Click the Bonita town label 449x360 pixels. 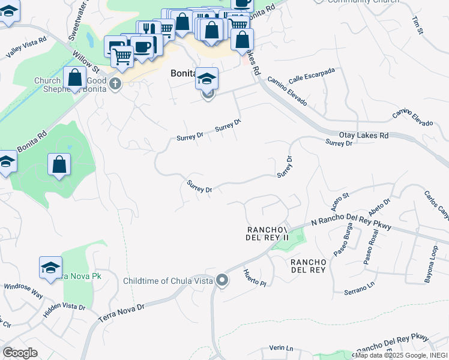(179, 72)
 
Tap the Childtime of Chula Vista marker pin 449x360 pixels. (222, 281)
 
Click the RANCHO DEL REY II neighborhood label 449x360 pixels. (267, 234)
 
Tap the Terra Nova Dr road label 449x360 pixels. (122, 313)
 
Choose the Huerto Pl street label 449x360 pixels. (255, 278)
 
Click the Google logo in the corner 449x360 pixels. (20, 353)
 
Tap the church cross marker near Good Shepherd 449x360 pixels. (115, 84)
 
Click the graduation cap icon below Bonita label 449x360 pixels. (206, 79)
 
